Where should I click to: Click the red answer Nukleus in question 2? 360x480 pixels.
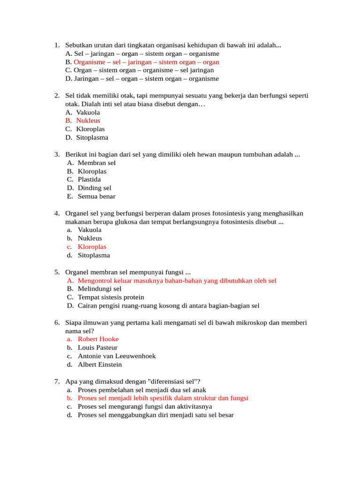88,120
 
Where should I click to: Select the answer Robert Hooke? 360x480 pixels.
98,339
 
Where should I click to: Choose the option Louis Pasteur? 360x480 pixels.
97,347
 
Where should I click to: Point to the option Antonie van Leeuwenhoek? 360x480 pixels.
117,356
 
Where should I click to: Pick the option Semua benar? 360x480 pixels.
97,196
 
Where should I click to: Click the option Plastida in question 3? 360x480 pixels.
89,179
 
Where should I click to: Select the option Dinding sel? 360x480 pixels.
94,188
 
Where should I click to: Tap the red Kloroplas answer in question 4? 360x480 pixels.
92,247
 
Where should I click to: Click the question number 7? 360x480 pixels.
56,381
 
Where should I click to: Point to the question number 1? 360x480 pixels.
56,45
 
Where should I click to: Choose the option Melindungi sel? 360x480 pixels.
99,289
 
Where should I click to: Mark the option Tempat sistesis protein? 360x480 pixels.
111,297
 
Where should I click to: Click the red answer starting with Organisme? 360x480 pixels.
146,62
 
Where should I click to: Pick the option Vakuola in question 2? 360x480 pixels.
88,112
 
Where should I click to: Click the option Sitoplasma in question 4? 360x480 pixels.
94,255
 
